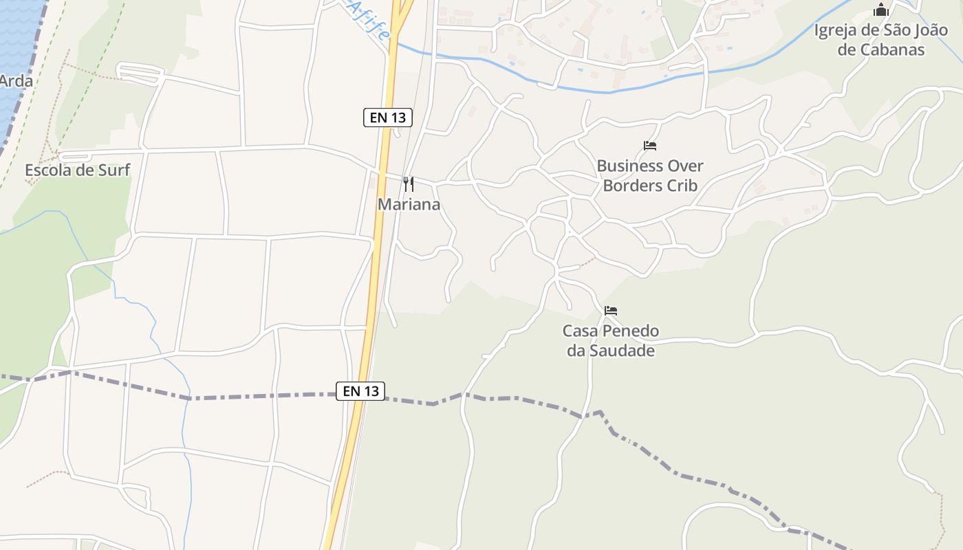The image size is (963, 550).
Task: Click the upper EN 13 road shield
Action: pyautogui.click(x=388, y=118)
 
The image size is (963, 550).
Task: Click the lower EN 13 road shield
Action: pyautogui.click(x=361, y=391)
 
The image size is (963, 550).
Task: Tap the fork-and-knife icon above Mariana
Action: pyautogui.click(x=409, y=184)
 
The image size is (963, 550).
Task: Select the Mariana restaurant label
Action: pyautogui.click(x=409, y=204)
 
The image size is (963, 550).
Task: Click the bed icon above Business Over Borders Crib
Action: pyautogui.click(x=650, y=146)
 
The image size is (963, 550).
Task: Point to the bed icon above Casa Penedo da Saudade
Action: pyautogui.click(x=610, y=311)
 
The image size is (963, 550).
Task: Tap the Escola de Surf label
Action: pyautogui.click(x=77, y=170)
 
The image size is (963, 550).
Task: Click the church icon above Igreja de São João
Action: pyautogui.click(x=881, y=10)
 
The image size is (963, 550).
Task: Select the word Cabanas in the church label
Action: pyautogui.click(x=891, y=49)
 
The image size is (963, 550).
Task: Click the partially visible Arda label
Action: pyautogui.click(x=15, y=80)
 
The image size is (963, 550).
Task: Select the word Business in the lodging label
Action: pyautogui.click(x=629, y=166)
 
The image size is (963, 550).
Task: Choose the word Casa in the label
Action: pyautogui.click(x=580, y=331)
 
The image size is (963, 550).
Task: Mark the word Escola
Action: pyautogui.click(x=50, y=170)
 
